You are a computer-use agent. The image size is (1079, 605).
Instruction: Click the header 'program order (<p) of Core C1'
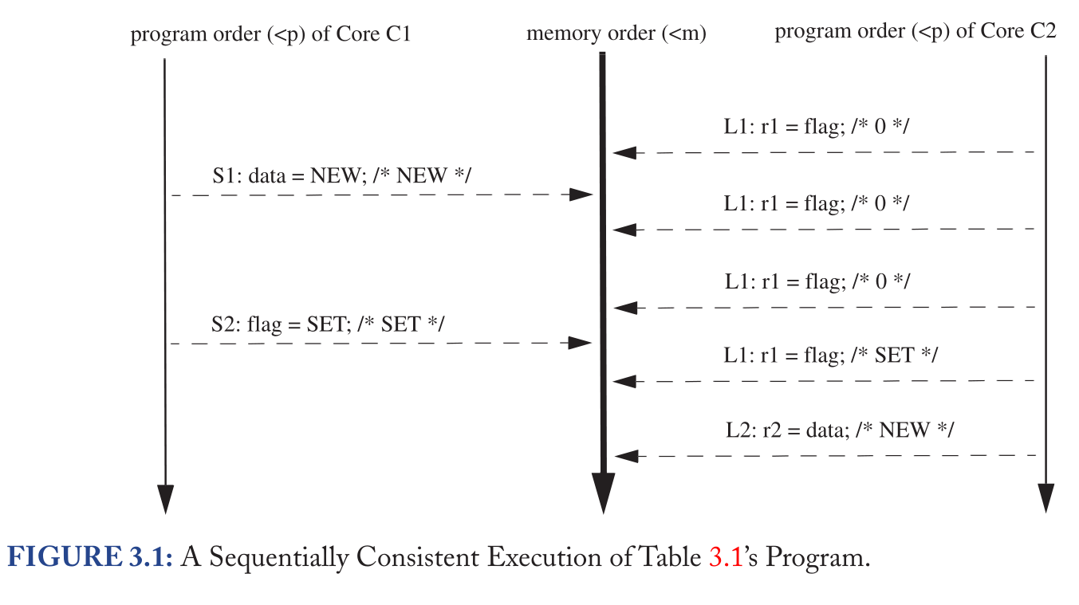tap(270, 34)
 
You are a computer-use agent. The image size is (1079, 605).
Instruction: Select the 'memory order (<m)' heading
tap(616, 34)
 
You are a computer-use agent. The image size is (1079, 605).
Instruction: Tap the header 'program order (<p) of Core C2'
tap(916, 32)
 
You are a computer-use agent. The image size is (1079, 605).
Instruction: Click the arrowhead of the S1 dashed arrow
tap(583, 194)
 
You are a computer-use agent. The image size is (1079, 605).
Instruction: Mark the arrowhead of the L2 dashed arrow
tap(627, 456)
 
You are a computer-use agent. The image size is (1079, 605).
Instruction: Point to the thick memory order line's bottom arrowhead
tap(603, 494)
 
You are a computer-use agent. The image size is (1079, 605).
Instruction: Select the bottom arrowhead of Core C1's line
tap(165, 499)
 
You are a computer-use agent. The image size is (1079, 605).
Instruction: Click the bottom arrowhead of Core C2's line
tap(1046, 499)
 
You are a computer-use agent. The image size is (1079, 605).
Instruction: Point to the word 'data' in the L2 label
tap(826, 430)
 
